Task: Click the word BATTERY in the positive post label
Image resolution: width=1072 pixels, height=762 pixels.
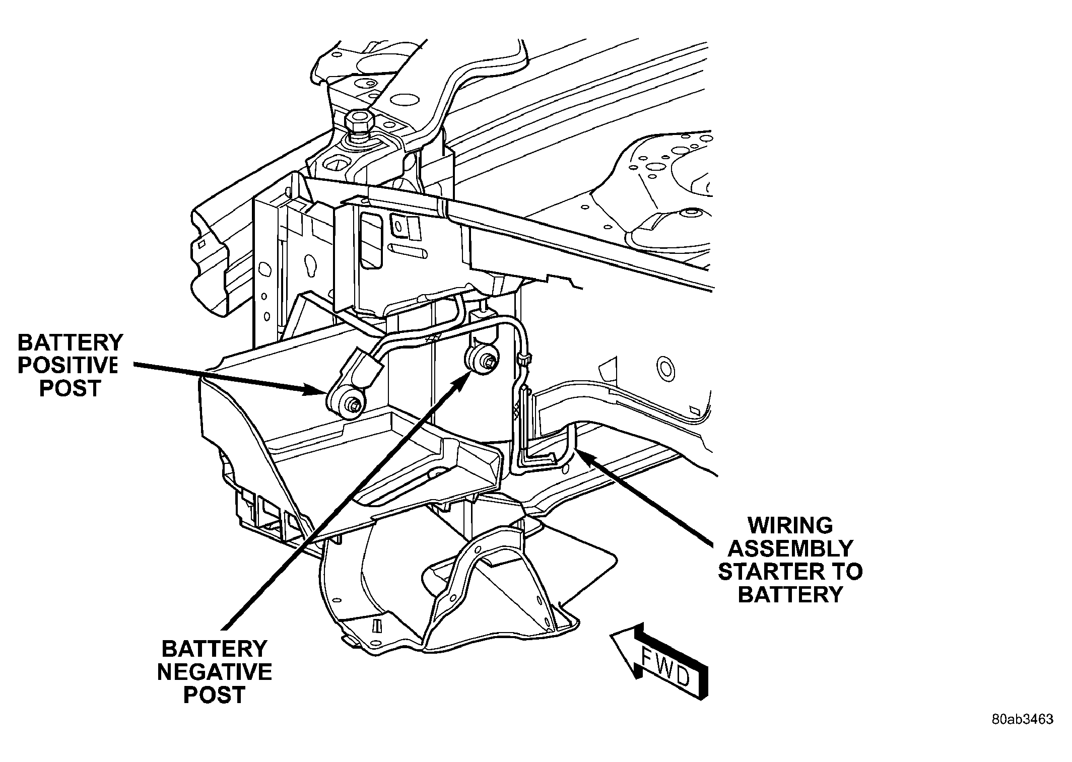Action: (71, 343)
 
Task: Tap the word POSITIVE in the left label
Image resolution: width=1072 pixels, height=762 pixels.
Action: (68, 366)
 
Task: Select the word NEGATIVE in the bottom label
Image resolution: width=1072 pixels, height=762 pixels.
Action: (215, 672)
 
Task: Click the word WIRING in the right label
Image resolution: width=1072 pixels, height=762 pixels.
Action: (790, 526)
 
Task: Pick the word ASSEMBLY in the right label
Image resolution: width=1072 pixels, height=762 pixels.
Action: (790, 548)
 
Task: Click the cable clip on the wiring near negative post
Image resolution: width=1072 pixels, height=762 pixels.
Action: (522, 360)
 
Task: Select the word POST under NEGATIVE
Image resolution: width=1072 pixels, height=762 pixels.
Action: (215, 695)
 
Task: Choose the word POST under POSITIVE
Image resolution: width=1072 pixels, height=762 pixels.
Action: (71, 388)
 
